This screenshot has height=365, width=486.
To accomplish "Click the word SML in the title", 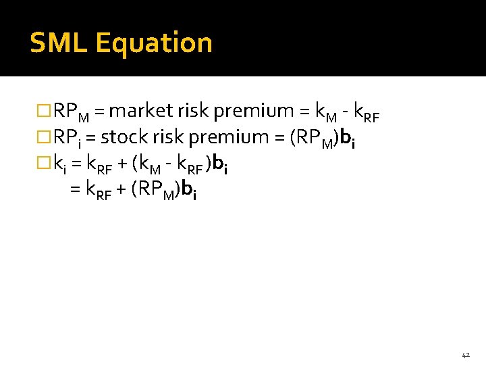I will pos(59,43).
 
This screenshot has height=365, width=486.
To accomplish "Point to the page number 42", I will pos(466,354).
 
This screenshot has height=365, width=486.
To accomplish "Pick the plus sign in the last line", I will pos(122,191).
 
